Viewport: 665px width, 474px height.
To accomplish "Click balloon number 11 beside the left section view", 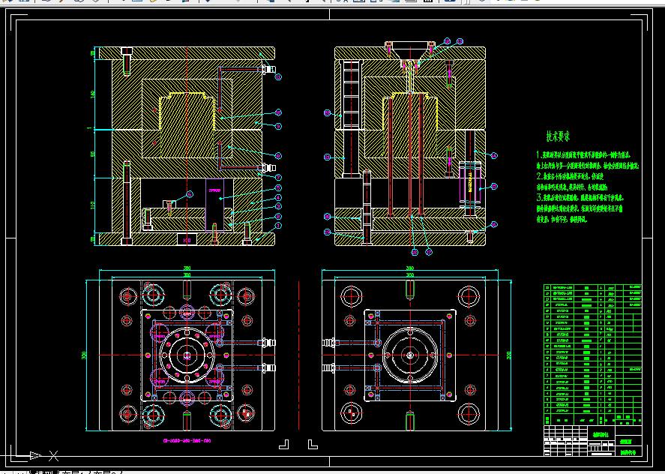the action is click(278, 76).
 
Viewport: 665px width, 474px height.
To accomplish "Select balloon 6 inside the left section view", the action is click(190, 194).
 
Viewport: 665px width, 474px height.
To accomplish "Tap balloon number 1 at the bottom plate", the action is click(278, 225).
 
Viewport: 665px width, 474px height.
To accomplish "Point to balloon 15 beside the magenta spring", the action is click(494, 186).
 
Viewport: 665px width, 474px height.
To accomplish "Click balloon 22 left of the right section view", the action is click(327, 113).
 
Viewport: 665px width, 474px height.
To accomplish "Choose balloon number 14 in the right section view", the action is click(494, 154).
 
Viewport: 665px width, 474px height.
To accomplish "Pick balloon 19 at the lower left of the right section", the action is click(327, 233).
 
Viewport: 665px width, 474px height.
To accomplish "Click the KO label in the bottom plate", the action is click(186, 240).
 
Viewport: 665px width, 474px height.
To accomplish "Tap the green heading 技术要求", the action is click(558, 136).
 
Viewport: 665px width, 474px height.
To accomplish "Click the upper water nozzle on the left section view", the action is click(265, 70).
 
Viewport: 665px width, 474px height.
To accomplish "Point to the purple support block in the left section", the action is click(215, 201).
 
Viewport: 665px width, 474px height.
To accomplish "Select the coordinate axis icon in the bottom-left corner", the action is click(34, 454).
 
